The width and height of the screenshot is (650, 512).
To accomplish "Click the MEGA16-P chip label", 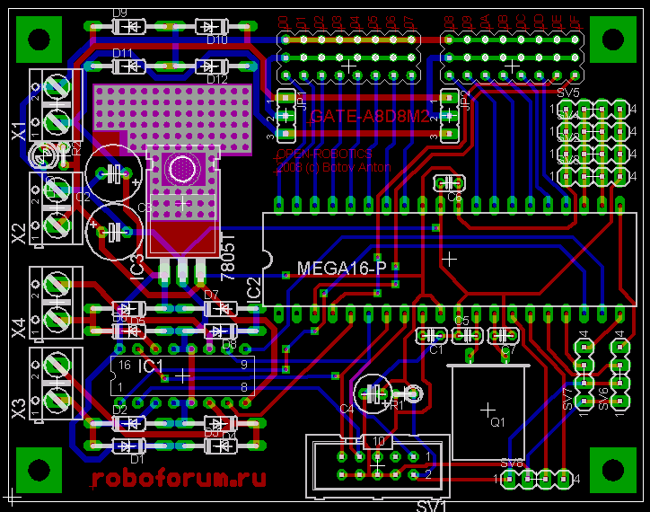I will (x=342, y=269).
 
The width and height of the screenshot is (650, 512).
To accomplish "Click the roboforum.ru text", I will (x=178, y=477).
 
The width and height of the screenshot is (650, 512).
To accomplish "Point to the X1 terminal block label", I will (x=19, y=131).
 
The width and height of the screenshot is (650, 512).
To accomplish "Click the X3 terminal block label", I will (x=19, y=410).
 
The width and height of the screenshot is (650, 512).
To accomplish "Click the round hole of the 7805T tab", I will (x=182, y=168).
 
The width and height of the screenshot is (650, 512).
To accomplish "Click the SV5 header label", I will (x=567, y=93).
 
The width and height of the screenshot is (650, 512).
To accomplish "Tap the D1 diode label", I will (x=136, y=458).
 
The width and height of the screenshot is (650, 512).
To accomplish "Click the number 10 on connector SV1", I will (x=378, y=441).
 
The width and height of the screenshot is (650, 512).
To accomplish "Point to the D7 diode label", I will (x=212, y=295).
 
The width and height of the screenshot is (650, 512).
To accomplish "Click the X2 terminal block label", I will (x=19, y=234).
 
